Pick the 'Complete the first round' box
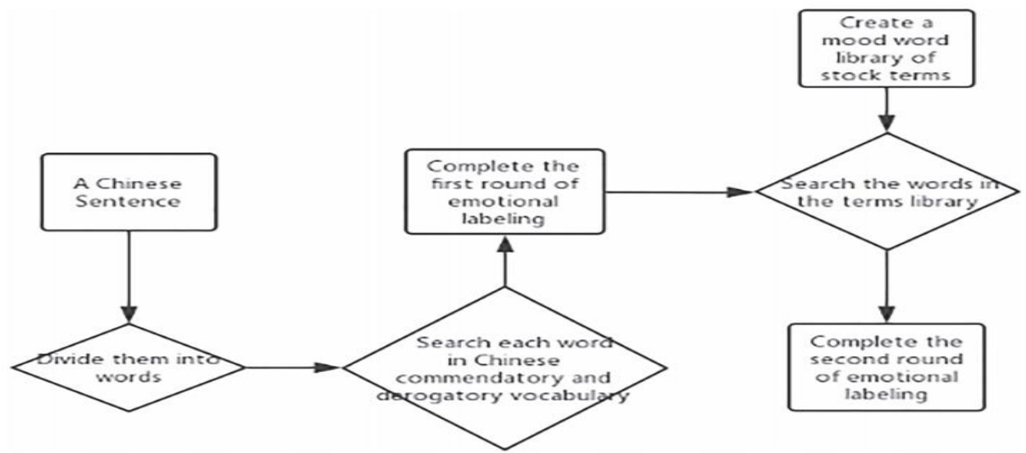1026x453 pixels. coord(504,190)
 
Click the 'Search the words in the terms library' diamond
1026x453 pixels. coord(886,193)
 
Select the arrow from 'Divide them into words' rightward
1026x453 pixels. coord(292,367)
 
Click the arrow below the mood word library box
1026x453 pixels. coord(887,111)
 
